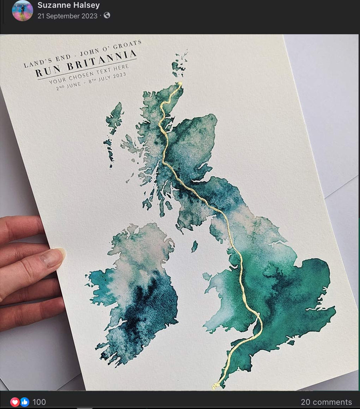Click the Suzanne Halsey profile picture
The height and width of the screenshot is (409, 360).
22,10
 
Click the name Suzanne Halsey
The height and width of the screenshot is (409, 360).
68,5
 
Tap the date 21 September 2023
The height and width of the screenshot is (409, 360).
67,16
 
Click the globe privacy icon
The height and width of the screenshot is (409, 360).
107,16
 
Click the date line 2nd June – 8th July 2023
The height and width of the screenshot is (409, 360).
91,82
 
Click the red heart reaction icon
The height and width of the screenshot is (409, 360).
15,402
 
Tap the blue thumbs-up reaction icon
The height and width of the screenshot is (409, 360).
24,402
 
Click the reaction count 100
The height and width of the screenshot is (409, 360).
39,402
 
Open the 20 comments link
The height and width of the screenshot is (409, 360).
326,402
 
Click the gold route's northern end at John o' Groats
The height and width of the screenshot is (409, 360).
180,84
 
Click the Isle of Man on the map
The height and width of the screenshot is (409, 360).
194,246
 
